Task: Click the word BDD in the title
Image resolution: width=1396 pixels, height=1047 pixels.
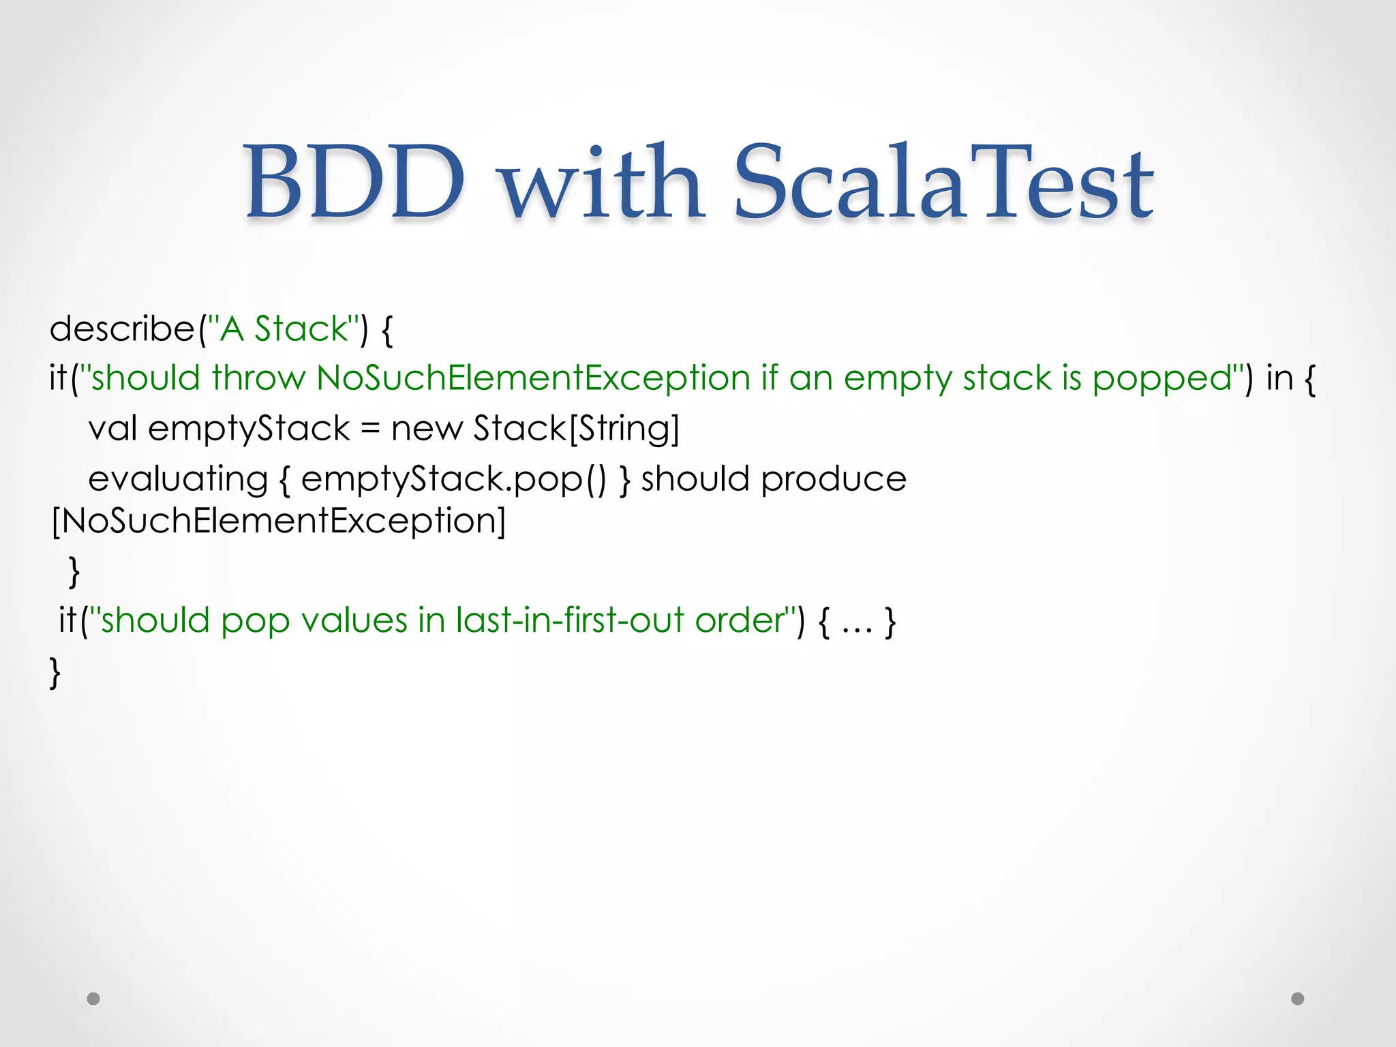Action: [x=354, y=182]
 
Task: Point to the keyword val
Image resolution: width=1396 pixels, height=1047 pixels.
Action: [x=112, y=429]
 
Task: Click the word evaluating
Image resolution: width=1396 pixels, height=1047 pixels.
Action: [x=178, y=479]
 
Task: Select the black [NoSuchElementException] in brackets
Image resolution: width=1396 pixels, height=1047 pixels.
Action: [x=279, y=521]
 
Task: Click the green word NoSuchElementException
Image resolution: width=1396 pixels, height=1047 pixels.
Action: [x=533, y=378]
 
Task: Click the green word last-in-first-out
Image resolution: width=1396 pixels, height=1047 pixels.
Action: [x=570, y=621]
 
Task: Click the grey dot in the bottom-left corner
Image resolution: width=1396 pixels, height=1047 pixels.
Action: [x=93, y=999]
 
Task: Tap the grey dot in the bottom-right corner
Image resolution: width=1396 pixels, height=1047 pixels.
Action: [x=1298, y=999]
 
